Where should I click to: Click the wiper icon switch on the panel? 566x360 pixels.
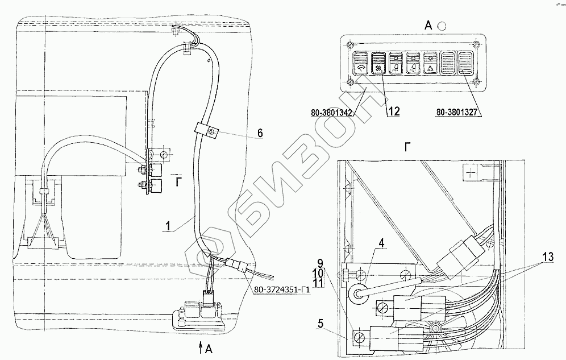(361, 65)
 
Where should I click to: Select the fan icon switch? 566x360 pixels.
(378, 65)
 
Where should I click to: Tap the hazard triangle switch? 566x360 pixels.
(430, 65)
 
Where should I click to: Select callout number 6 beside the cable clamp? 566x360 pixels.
(260, 133)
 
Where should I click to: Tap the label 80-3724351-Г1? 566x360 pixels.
(282, 290)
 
